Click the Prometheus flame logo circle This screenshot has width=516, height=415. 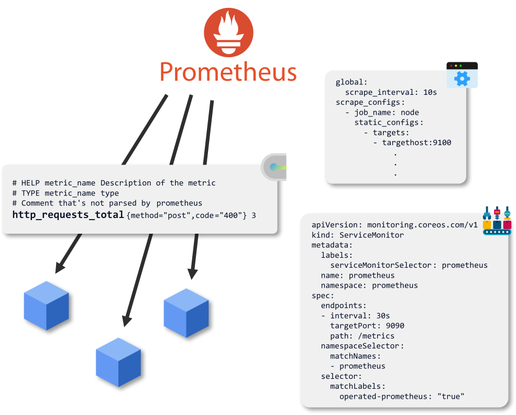228,32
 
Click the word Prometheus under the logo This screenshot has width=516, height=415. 228,72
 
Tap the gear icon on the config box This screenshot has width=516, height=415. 462,78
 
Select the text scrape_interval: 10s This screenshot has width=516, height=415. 390,92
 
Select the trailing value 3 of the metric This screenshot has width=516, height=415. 254,215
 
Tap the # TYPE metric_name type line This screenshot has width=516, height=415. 66,193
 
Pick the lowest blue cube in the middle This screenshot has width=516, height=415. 118,362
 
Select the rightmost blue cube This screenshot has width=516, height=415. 186,312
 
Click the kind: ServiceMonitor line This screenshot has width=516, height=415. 358,235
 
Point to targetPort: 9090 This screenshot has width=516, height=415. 367,325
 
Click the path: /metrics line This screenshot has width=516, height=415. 362,336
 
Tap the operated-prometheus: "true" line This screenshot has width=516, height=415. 402,396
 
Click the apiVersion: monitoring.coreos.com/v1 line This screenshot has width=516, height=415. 394,225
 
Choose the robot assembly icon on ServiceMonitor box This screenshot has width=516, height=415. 496,220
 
